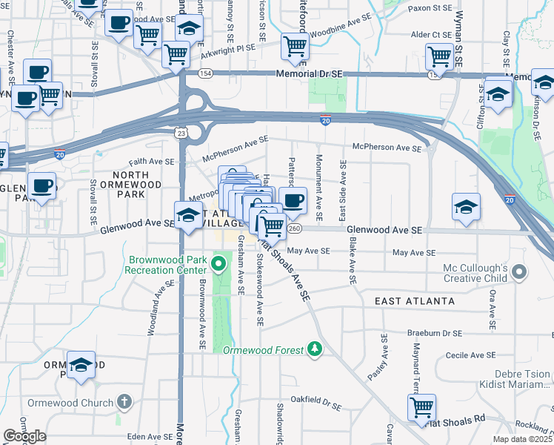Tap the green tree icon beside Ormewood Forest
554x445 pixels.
pyautogui.click(x=315, y=349)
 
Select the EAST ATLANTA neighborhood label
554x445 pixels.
pyautogui.click(x=414, y=301)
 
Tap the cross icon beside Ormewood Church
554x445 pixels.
pyautogui.click(x=124, y=403)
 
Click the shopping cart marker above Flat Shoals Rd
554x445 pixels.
pyautogui.click(x=421, y=407)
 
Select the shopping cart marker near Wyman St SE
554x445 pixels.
pyautogui.click(x=439, y=56)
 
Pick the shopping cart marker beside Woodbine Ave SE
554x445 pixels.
pyautogui.click(x=295, y=47)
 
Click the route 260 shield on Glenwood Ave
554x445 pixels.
pyautogui.click(x=295, y=228)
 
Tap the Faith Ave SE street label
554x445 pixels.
pyautogui.click(x=152, y=161)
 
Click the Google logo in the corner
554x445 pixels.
pyautogui.click(x=24, y=436)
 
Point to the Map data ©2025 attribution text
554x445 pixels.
pyautogui.click(x=523, y=439)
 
